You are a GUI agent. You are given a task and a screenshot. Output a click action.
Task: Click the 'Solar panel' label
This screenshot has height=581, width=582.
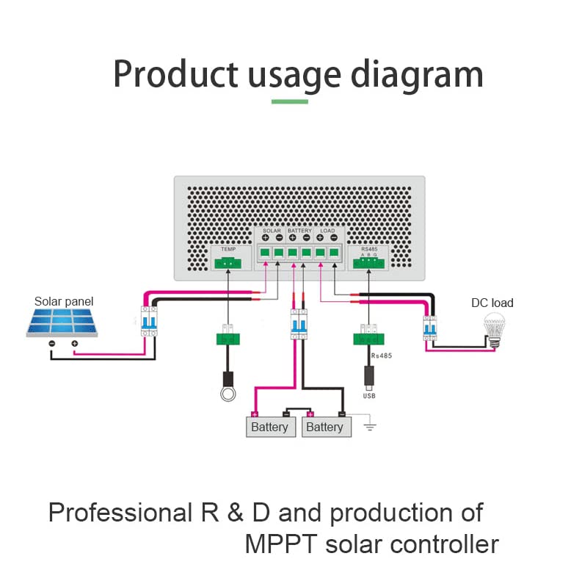64,301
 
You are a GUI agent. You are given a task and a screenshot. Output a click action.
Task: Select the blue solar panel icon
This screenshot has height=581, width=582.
62,322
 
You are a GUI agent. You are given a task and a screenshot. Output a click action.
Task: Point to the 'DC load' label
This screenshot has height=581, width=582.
492,303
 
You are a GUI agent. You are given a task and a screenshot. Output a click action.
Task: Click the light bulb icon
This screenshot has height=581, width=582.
492,326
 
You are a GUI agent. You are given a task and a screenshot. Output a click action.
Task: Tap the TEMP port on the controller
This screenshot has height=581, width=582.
228,261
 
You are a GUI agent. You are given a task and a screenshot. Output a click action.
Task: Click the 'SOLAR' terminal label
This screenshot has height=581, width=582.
272,231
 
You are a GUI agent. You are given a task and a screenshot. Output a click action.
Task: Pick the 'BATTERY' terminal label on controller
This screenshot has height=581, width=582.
299,231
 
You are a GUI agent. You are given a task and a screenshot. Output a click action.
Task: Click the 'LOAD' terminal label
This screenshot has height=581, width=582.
327,231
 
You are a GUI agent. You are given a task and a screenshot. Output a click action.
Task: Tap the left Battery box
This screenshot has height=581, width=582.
269,427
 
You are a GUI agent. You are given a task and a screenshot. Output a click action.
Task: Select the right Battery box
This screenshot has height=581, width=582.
324,427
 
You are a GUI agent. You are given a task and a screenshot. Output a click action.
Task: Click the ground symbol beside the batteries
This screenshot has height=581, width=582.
370,426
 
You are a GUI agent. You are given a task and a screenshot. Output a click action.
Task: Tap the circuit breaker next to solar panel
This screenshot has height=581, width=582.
149,320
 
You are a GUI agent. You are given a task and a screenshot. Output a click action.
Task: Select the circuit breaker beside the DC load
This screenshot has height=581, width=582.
429,328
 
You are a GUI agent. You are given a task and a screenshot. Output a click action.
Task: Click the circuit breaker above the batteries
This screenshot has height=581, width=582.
298,324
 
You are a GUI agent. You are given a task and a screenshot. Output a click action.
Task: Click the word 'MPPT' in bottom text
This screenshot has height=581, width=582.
280,544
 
